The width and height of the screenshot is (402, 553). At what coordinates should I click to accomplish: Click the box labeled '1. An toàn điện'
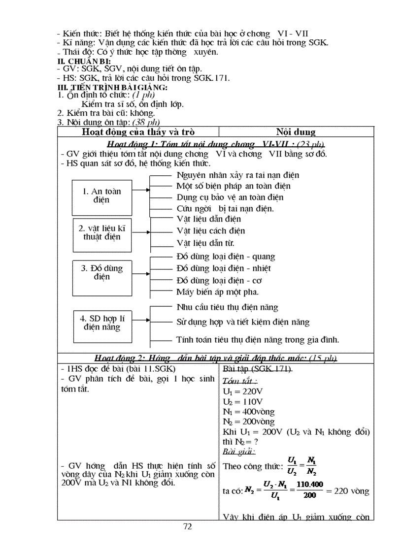[101, 195]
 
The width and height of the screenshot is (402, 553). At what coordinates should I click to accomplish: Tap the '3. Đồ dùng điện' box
[101, 272]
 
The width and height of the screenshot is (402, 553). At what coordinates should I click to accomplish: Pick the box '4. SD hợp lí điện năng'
[102, 323]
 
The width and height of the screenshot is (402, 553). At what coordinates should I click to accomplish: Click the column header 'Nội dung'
[296, 131]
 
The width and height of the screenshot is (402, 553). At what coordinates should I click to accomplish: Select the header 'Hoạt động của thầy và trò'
[138, 131]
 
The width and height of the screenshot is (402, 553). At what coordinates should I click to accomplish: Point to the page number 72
[187, 526]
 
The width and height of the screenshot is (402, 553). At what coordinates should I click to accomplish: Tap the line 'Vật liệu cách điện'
[210, 230]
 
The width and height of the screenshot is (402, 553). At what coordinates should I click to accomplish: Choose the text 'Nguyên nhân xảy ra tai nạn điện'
[237, 175]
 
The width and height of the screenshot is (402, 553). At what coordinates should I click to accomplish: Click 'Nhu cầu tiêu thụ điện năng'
[227, 307]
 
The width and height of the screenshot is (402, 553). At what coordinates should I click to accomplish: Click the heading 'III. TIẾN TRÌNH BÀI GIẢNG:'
[112, 87]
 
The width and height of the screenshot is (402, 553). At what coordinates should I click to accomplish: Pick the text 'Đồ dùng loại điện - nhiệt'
[223, 268]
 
